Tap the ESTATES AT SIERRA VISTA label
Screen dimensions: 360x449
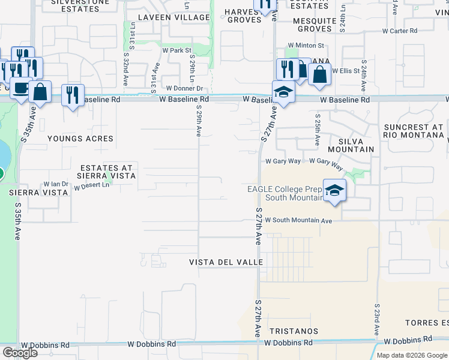106,171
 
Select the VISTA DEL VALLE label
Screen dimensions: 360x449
226,263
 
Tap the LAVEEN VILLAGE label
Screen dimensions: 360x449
173,17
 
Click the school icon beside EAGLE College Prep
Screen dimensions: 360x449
334,191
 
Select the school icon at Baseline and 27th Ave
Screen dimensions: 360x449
283,92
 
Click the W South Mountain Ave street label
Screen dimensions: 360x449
298,221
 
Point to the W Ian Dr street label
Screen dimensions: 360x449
56,184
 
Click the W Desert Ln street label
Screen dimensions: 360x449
92,186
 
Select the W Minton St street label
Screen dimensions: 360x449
306,45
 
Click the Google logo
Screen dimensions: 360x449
20,353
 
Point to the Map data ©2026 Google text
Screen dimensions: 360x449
412,355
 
